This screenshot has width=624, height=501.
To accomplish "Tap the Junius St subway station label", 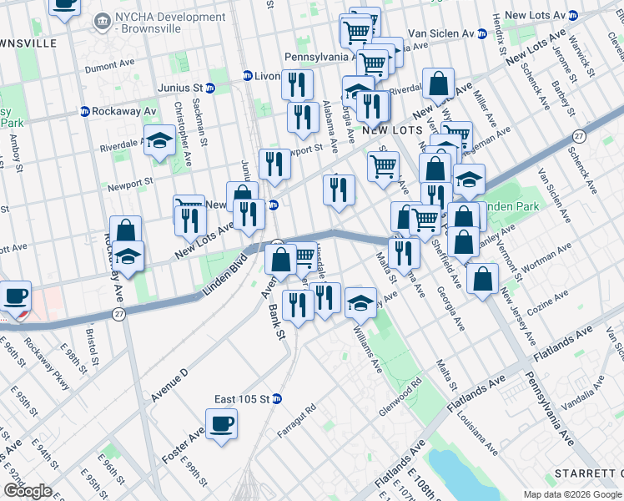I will (x=181, y=87).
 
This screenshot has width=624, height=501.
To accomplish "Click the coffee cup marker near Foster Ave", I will (x=222, y=423).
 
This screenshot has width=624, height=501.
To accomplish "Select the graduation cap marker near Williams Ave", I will (x=360, y=301).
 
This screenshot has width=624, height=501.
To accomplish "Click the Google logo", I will (x=28, y=491).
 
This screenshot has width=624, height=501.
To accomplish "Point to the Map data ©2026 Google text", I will (x=572, y=494).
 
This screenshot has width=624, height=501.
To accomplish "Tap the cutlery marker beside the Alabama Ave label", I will (x=303, y=118).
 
